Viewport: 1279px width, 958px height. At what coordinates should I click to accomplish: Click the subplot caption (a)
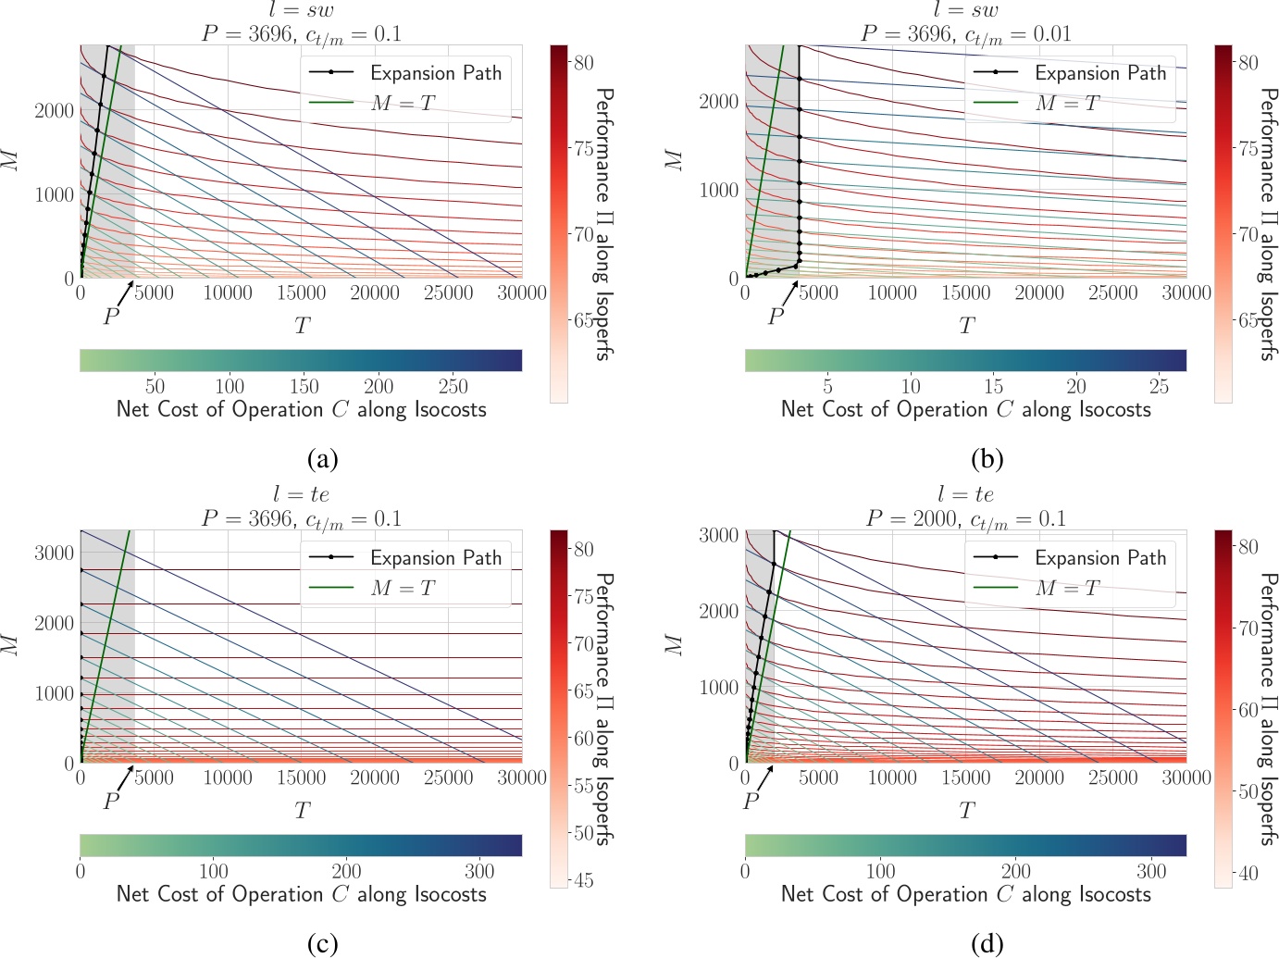pyautogui.click(x=323, y=459)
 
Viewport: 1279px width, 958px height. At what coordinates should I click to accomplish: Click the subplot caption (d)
pyautogui.click(x=987, y=944)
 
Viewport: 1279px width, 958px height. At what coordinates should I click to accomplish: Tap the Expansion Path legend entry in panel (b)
pyautogui.click(x=1099, y=73)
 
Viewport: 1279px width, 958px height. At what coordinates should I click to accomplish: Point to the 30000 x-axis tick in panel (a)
pyautogui.click(x=522, y=293)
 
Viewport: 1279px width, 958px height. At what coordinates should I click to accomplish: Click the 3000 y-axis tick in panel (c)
pyautogui.click(x=53, y=554)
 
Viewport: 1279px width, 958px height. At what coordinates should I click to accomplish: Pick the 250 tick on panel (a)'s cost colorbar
pyautogui.click(x=453, y=386)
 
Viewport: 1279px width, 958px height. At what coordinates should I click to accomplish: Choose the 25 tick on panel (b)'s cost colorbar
pyautogui.click(x=1159, y=386)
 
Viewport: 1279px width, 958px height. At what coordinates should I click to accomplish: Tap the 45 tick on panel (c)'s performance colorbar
pyautogui.click(x=583, y=880)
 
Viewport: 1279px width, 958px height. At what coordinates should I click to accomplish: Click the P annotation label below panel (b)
pyautogui.click(x=776, y=317)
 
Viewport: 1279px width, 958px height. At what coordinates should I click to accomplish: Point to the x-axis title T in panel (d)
pyautogui.click(x=966, y=812)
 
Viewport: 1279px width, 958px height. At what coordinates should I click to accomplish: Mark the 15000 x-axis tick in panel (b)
pyautogui.click(x=965, y=293)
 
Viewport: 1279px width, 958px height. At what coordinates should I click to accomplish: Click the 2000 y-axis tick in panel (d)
pyautogui.click(x=717, y=611)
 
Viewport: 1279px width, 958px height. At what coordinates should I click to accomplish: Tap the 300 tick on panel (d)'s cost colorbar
pyautogui.click(x=1151, y=871)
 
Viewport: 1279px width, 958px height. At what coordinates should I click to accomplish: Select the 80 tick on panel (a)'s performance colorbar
pyautogui.click(x=583, y=63)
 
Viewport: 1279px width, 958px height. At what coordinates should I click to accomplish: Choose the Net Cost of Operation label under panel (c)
pyautogui.click(x=301, y=894)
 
